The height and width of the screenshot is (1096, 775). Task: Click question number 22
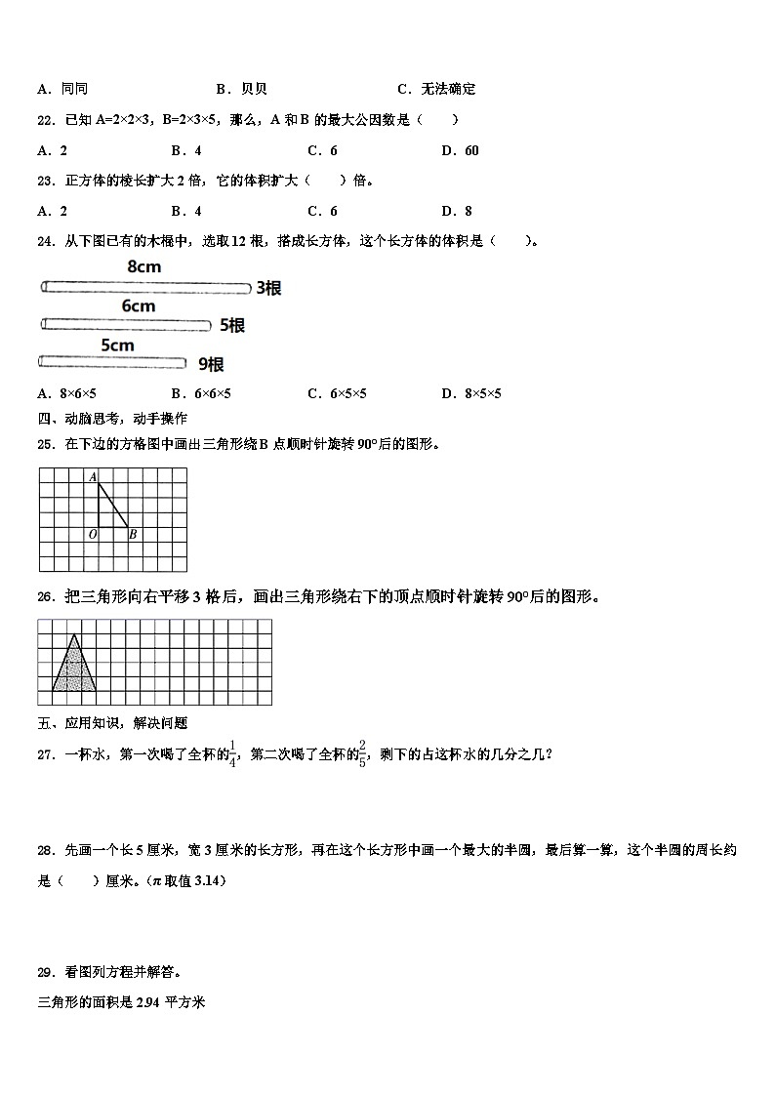(x=45, y=120)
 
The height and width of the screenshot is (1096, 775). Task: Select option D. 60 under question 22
(x=460, y=150)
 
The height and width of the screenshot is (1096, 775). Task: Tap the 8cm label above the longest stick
(x=143, y=266)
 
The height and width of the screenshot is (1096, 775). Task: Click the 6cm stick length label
(x=138, y=305)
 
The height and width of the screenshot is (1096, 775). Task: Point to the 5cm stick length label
(x=117, y=345)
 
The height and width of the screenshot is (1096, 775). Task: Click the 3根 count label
(x=268, y=288)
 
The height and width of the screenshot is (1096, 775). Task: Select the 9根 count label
(x=211, y=364)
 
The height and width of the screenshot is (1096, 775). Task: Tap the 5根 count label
(x=231, y=325)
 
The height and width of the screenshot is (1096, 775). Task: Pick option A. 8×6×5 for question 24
(x=66, y=393)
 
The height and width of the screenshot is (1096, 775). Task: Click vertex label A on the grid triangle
(x=92, y=476)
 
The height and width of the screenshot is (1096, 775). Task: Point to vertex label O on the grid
(x=92, y=534)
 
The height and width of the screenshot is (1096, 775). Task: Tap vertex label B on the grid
(x=133, y=534)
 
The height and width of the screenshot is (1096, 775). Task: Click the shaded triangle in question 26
(x=74, y=669)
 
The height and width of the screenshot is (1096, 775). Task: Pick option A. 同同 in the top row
(x=62, y=89)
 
